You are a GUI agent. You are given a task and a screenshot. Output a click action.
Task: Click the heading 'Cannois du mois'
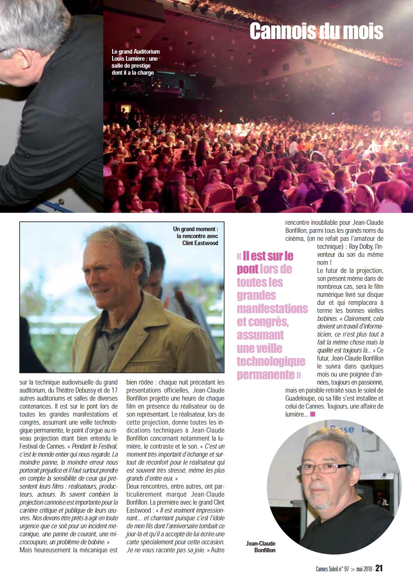point(316,31)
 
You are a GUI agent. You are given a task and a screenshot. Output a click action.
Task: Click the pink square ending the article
point(312,414)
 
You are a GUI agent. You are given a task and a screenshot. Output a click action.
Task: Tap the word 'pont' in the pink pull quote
point(248,269)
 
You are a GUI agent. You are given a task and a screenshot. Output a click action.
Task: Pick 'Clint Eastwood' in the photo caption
point(200,243)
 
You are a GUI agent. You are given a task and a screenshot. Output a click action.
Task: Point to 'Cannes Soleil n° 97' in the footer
point(332,569)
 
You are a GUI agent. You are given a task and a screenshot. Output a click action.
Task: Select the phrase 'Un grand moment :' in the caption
point(196,229)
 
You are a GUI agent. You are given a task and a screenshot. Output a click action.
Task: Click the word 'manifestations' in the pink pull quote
point(272,309)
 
